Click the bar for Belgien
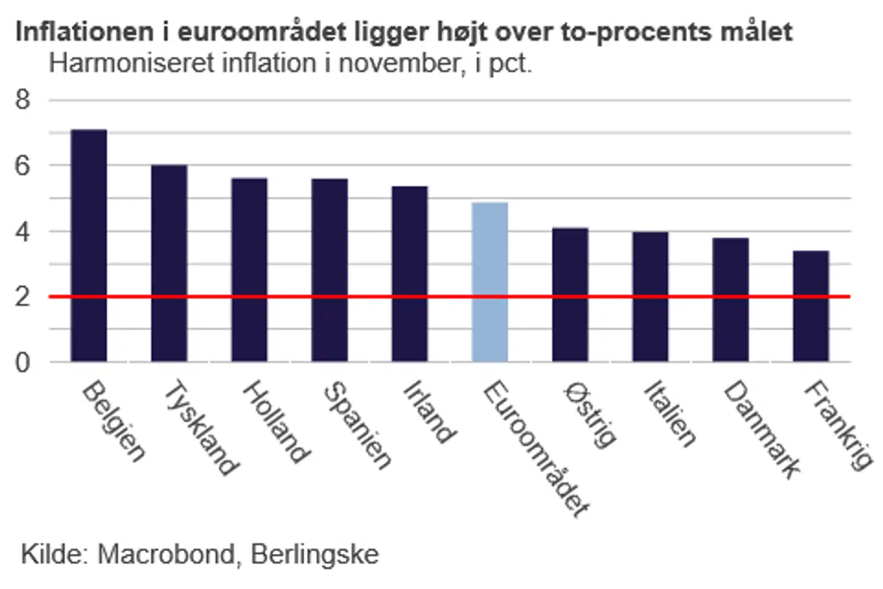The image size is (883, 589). click(x=89, y=245)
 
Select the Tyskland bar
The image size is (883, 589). click(x=169, y=264)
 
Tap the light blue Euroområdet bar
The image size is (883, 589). click(x=490, y=282)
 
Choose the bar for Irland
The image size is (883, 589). click(x=410, y=274)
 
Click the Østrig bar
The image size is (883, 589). click(x=570, y=294)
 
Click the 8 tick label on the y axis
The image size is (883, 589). click(x=23, y=99)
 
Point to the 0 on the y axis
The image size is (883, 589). click(x=23, y=363)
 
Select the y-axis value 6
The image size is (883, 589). click(x=23, y=166)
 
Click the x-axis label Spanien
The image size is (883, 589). click(x=357, y=425)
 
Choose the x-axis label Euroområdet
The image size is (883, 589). click(x=536, y=448)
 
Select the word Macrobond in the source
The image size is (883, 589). click(x=166, y=554)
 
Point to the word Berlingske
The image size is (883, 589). click(x=315, y=554)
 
